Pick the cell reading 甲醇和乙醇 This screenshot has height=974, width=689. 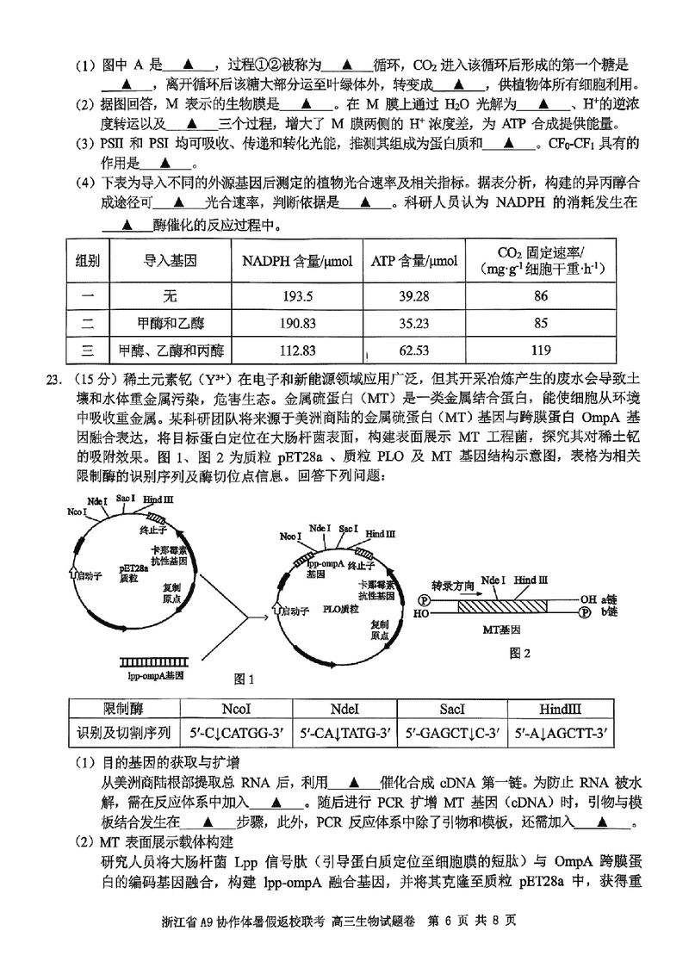[x=171, y=323]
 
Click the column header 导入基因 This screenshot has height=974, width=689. [x=171, y=261]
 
